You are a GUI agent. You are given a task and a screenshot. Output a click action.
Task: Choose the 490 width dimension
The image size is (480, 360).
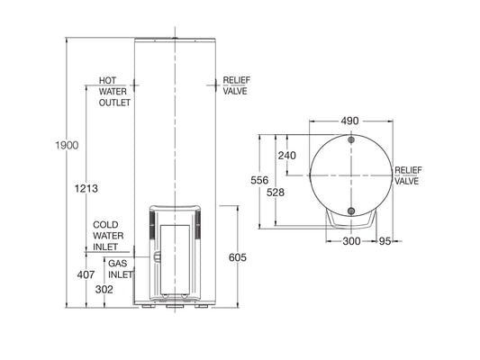point(349,121)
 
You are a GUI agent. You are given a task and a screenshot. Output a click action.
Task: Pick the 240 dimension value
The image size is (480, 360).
point(286,155)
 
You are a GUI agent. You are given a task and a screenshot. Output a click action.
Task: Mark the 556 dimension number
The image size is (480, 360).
point(259,180)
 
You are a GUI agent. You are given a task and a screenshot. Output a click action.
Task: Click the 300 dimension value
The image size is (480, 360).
point(350,242)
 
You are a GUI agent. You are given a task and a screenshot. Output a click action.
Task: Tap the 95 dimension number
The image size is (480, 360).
point(385,242)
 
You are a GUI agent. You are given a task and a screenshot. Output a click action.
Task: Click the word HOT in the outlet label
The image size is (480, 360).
point(107,80)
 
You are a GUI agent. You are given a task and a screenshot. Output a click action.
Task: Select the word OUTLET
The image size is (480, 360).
point(114,103)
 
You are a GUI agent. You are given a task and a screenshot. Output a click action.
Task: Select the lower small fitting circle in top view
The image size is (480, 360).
point(349,212)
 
